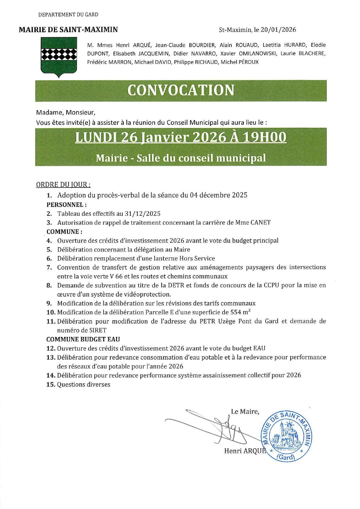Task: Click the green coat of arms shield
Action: (x=59, y=57)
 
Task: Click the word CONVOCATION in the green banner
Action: (x=181, y=90)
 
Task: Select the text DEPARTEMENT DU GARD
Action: (x=68, y=15)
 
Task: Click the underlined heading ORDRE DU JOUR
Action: (x=63, y=185)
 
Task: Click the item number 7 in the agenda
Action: (x=49, y=267)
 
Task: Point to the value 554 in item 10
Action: (x=236, y=312)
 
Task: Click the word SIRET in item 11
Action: (x=98, y=330)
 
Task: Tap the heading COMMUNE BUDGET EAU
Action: (x=83, y=339)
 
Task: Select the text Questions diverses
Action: (x=84, y=385)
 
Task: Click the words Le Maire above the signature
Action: (x=245, y=411)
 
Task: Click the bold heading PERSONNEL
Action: (x=66, y=205)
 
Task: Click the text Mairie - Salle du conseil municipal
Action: (x=181, y=158)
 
